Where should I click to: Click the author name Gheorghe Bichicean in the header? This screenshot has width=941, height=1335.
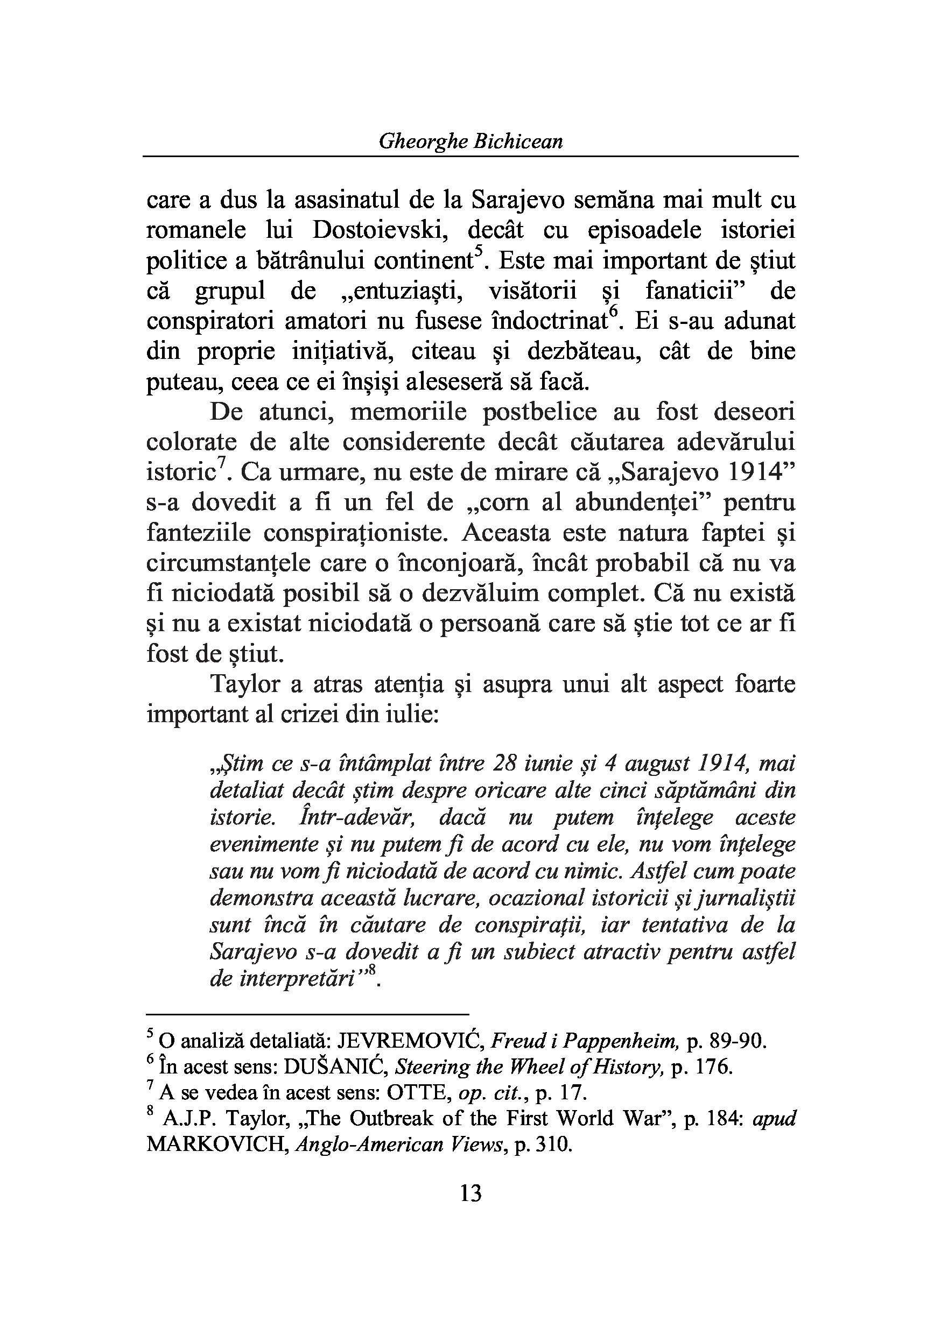(470, 142)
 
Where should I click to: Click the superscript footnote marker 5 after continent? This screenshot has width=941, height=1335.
(479, 253)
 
